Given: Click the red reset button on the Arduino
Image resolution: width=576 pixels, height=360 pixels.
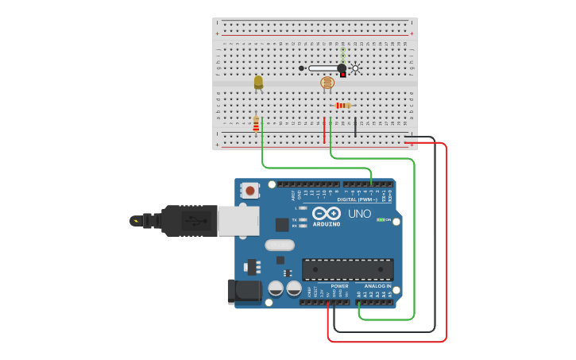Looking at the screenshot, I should click(250, 191).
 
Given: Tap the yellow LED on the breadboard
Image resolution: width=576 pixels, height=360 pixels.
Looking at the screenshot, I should click(258, 82).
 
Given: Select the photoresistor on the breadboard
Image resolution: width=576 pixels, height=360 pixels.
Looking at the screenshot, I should click(327, 83).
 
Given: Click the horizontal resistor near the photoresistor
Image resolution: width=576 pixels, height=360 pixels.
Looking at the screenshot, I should click(342, 105).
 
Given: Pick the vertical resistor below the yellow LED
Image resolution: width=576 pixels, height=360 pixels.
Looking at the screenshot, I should click(256, 124).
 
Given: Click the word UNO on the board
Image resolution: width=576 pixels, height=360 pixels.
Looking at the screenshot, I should click(360, 214).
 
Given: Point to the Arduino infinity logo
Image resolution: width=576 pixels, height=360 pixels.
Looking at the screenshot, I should click(327, 213).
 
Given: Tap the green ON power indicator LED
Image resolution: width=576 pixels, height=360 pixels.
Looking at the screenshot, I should click(381, 219).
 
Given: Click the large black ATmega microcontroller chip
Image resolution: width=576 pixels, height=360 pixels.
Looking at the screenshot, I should click(347, 269).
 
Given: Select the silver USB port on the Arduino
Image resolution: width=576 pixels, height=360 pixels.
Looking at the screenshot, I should click(238, 221).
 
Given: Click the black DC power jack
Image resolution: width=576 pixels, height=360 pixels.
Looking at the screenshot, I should click(244, 292).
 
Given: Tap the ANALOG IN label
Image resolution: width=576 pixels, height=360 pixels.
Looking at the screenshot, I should click(377, 286).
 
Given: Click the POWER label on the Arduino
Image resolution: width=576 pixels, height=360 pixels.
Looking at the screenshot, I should click(339, 286).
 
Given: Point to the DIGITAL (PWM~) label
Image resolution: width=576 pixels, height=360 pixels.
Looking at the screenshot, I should click(358, 199).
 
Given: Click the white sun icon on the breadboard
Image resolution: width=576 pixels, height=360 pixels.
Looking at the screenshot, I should click(355, 68).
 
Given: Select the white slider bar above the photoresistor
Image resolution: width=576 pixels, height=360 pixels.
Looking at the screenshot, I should click(323, 68).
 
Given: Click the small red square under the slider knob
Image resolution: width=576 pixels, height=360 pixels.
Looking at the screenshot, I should click(343, 75).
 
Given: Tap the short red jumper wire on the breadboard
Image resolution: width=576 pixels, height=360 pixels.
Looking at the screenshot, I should click(324, 130).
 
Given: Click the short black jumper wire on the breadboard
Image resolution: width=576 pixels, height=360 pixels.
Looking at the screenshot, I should click(355, 127).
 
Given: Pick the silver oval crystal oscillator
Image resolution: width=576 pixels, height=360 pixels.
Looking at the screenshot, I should click(280, 245).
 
